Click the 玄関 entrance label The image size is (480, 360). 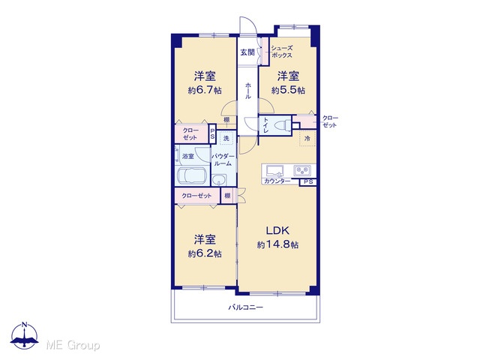click(x=247, y=52)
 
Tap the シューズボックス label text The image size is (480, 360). click(x=282, y=52)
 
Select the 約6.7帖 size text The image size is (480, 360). click(x=205, y=90)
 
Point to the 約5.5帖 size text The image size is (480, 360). click(x=288, y=90)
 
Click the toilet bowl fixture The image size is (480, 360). click(x=282, y=125)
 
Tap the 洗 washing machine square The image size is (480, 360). click(x=226, y=138)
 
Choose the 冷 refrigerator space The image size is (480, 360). click(x=307, y=138)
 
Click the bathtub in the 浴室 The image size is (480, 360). click(x=192, y=176)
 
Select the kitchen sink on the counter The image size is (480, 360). click(x=275, y=171)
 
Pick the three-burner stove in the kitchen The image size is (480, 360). click(x=302, y=170)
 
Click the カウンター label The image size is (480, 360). click(x=277, y=181)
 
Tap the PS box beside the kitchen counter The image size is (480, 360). click(x=308, y=182)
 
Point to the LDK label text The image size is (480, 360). click(x=277, y=230)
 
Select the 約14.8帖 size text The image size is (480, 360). click(x=278, y=244)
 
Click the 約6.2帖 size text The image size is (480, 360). click(x=205, y=253)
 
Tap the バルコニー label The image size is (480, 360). click(x=246, y=307)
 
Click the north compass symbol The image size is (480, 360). click(x=25, y=335)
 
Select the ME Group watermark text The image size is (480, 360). click(x=73, y=345)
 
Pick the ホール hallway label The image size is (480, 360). click(x=248, y=91)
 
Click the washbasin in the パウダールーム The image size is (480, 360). click(x=219, y=180)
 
